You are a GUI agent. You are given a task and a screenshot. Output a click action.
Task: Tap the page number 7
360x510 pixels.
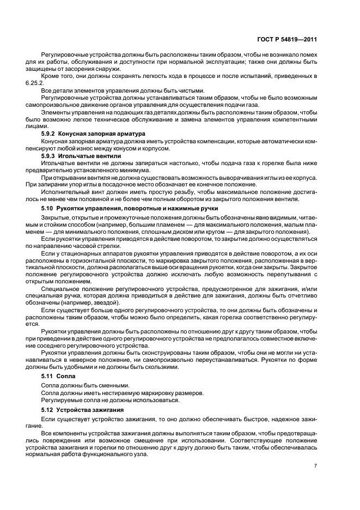pyautogui.click(x=316, y=465)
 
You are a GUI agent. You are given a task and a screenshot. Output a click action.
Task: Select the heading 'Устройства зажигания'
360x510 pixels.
pyautogui.click(x=92, y=410)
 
